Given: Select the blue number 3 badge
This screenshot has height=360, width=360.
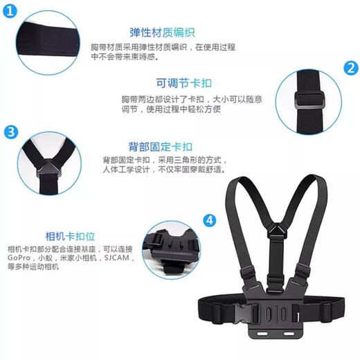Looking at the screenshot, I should pos(10,132).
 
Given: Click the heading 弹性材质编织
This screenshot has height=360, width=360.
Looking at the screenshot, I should pos(162,32).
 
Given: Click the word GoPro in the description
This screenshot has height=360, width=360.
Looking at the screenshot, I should pos(19,258).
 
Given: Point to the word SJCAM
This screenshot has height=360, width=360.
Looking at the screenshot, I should pos(117,258).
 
